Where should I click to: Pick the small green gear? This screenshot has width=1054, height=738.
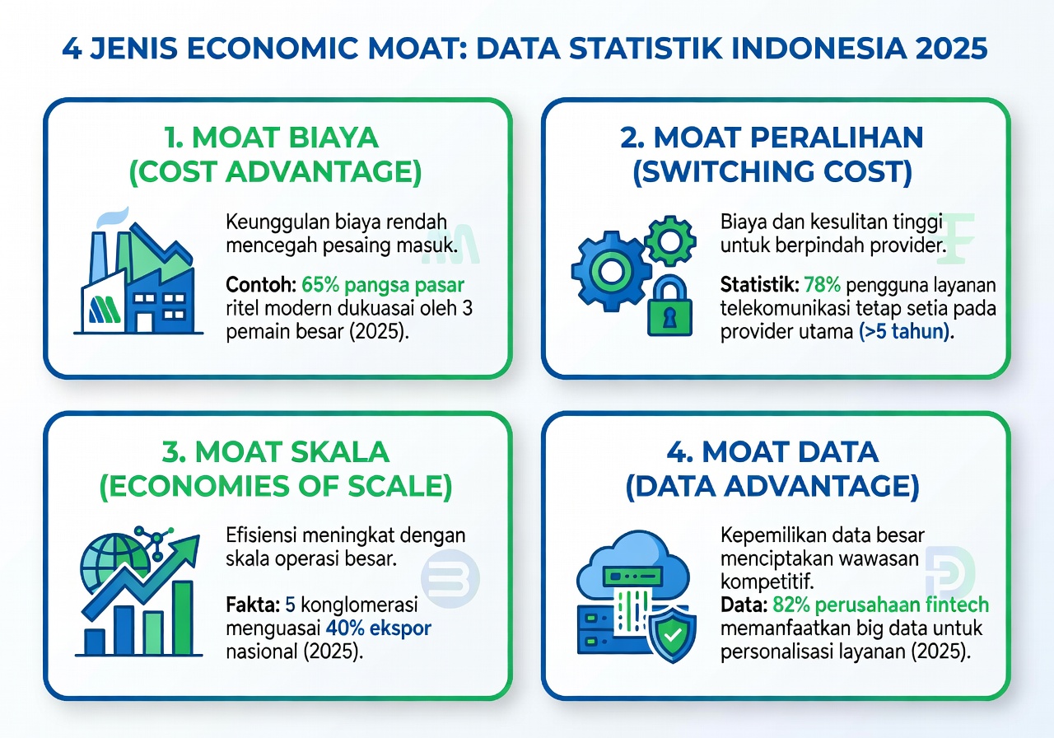point(665,238)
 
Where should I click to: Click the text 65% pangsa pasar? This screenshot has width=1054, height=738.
point(383,286)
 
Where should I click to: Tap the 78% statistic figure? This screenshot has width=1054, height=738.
point(823,286)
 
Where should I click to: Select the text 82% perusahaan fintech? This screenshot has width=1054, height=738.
point(881,605)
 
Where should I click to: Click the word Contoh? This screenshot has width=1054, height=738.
point(260,286)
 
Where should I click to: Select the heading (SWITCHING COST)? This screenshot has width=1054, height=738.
point(772,171)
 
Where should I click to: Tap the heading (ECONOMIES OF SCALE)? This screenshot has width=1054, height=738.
point(277,487)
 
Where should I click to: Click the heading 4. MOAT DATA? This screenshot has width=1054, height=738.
point(772,451)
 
